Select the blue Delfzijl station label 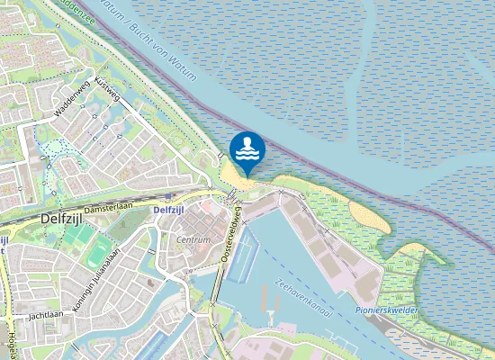click(x=168, y=210)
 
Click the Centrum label click(x=193, y=240)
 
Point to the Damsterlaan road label click(x=110, y=206)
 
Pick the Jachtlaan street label click(x=45, y=316)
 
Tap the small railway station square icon click(x=168, y=194)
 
